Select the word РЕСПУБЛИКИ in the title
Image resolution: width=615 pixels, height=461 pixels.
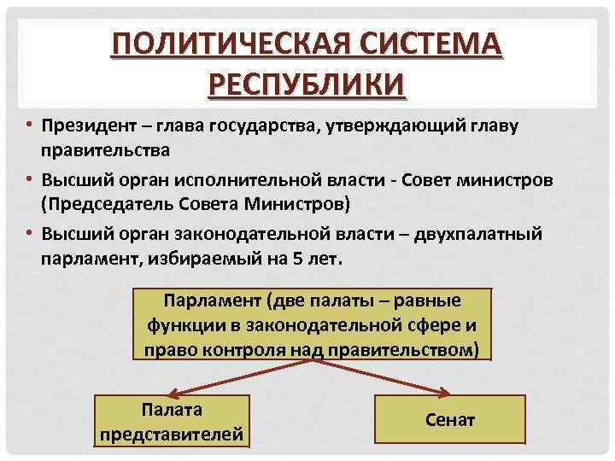[x=307, y=85]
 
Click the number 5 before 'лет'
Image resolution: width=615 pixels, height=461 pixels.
[x=295, y=258]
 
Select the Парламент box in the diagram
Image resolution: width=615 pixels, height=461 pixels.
[x=313, y=324]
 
